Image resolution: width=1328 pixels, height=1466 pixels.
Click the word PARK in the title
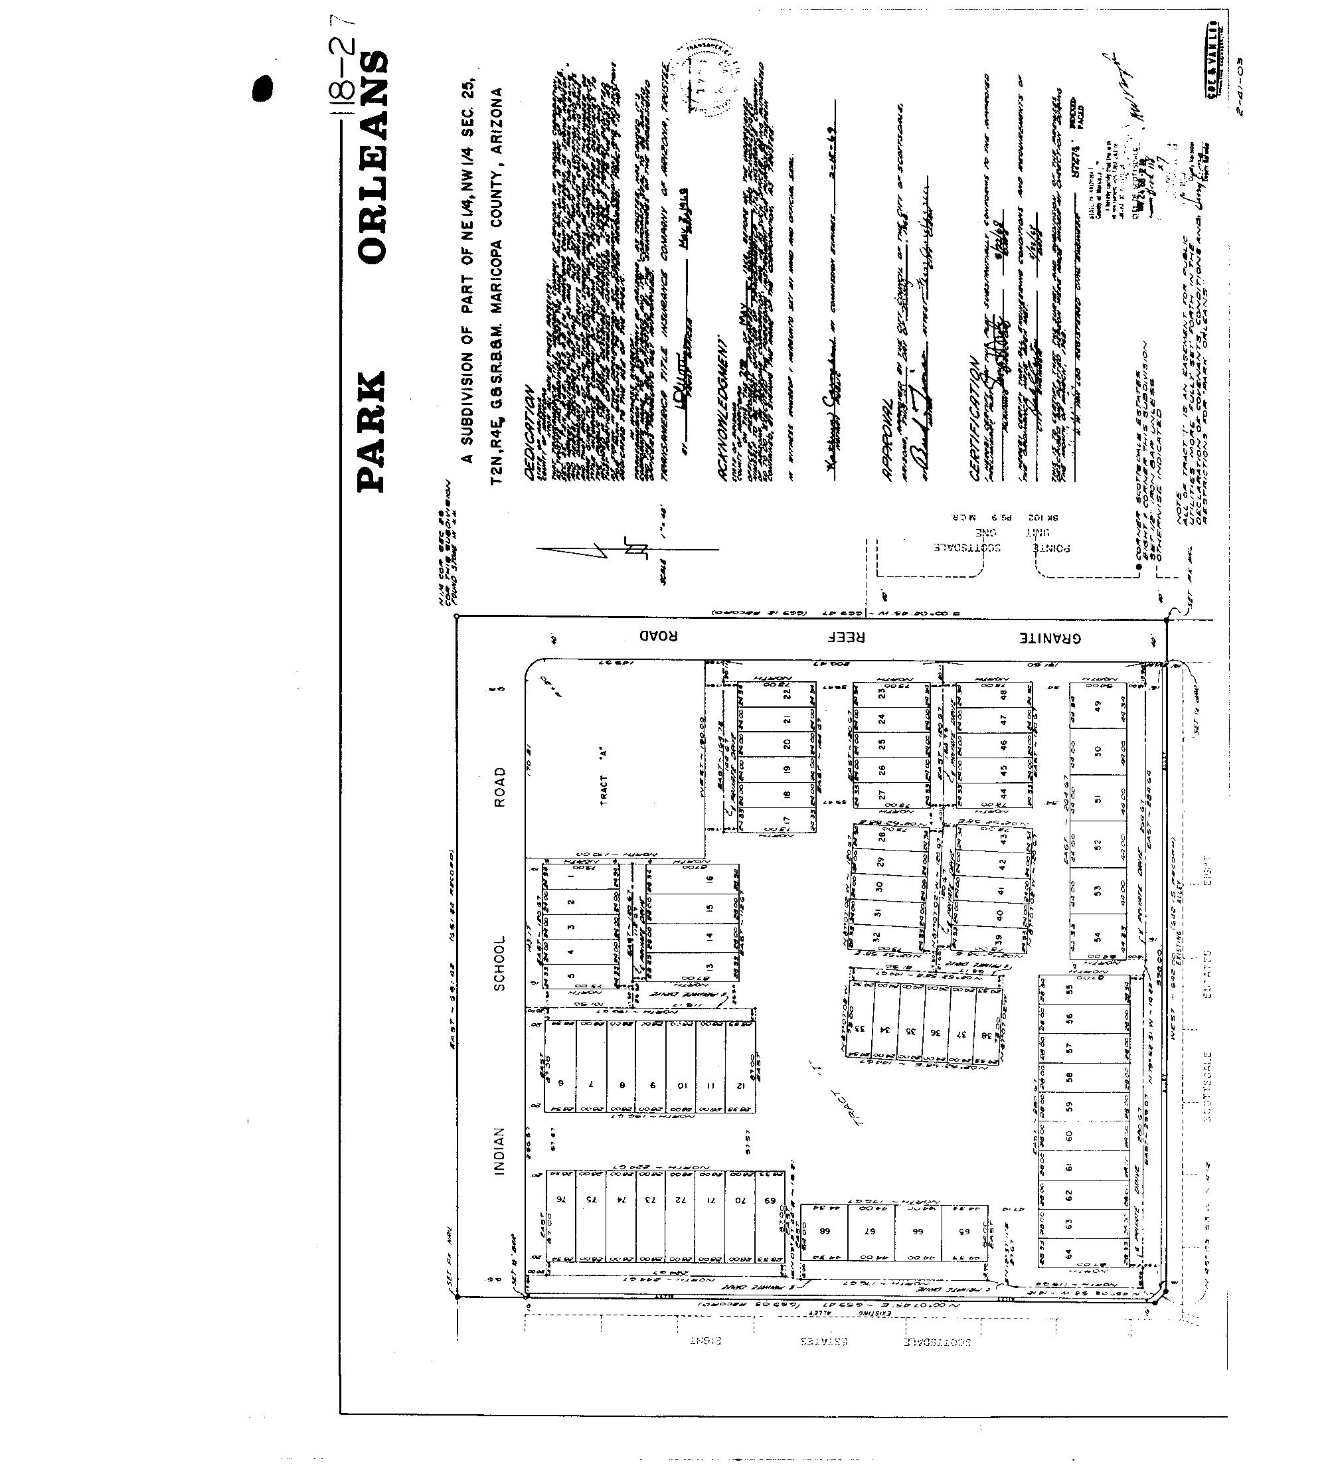[372, 430]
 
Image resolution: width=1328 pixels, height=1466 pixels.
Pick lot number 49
[1098, 704]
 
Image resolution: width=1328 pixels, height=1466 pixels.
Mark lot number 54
[1098, 937]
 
